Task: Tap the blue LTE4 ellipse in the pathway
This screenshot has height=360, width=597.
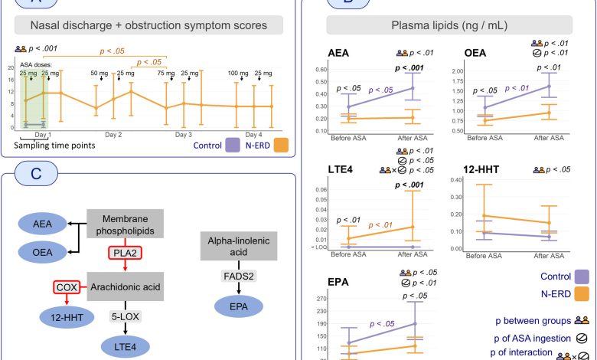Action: tap(124, 346)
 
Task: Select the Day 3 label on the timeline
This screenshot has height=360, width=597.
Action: tap(183, 134)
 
